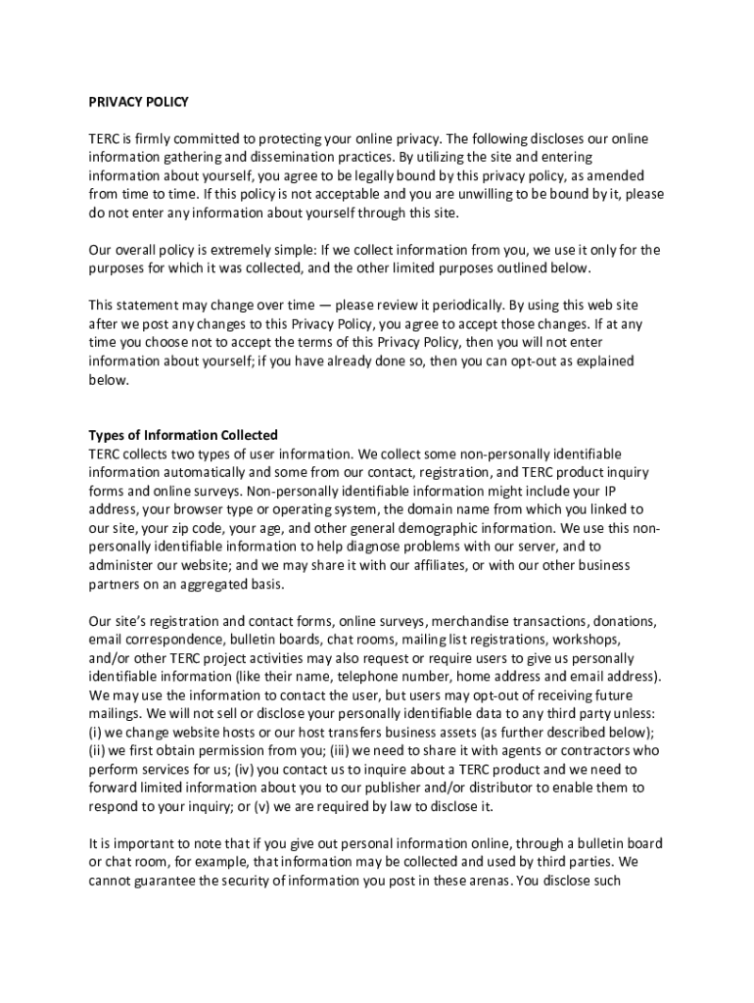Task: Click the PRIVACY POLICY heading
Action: (138, 102)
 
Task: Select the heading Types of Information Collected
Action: (183, 435)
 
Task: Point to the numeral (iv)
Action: (245, 770)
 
